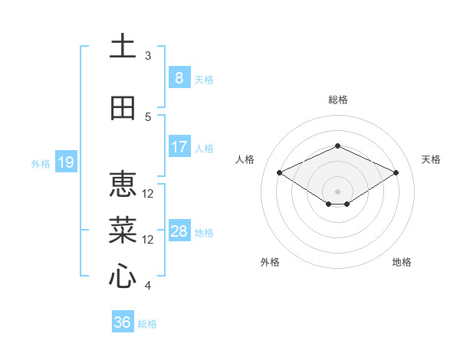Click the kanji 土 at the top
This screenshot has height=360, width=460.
[123, 47]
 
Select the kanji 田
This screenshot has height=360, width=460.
[123, 109]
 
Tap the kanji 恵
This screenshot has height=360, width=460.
[123, 185]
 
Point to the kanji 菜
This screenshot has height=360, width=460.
[123, 231]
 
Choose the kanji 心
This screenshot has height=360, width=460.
[123, 277]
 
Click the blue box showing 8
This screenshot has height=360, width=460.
[179, 77]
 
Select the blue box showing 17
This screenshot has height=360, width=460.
[179, 147]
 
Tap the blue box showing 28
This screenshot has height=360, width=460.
[179, 231]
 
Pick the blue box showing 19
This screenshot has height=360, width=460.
[65, 162]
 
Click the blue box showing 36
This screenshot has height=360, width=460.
[123, 322]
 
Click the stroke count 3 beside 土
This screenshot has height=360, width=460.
[148, 56]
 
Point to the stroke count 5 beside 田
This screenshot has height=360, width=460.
[148, 117]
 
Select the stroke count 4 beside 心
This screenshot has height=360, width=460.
[148, 286]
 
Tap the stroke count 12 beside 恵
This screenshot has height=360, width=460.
[148, 194]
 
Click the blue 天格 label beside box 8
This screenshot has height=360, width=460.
[204, 79]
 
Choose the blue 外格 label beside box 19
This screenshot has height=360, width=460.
[40, 163]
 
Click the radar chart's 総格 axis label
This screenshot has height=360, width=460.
[337, 100]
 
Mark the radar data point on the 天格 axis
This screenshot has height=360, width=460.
[396, 173]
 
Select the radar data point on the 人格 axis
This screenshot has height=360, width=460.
[280, 173]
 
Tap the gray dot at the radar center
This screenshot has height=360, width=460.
[337, 191]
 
